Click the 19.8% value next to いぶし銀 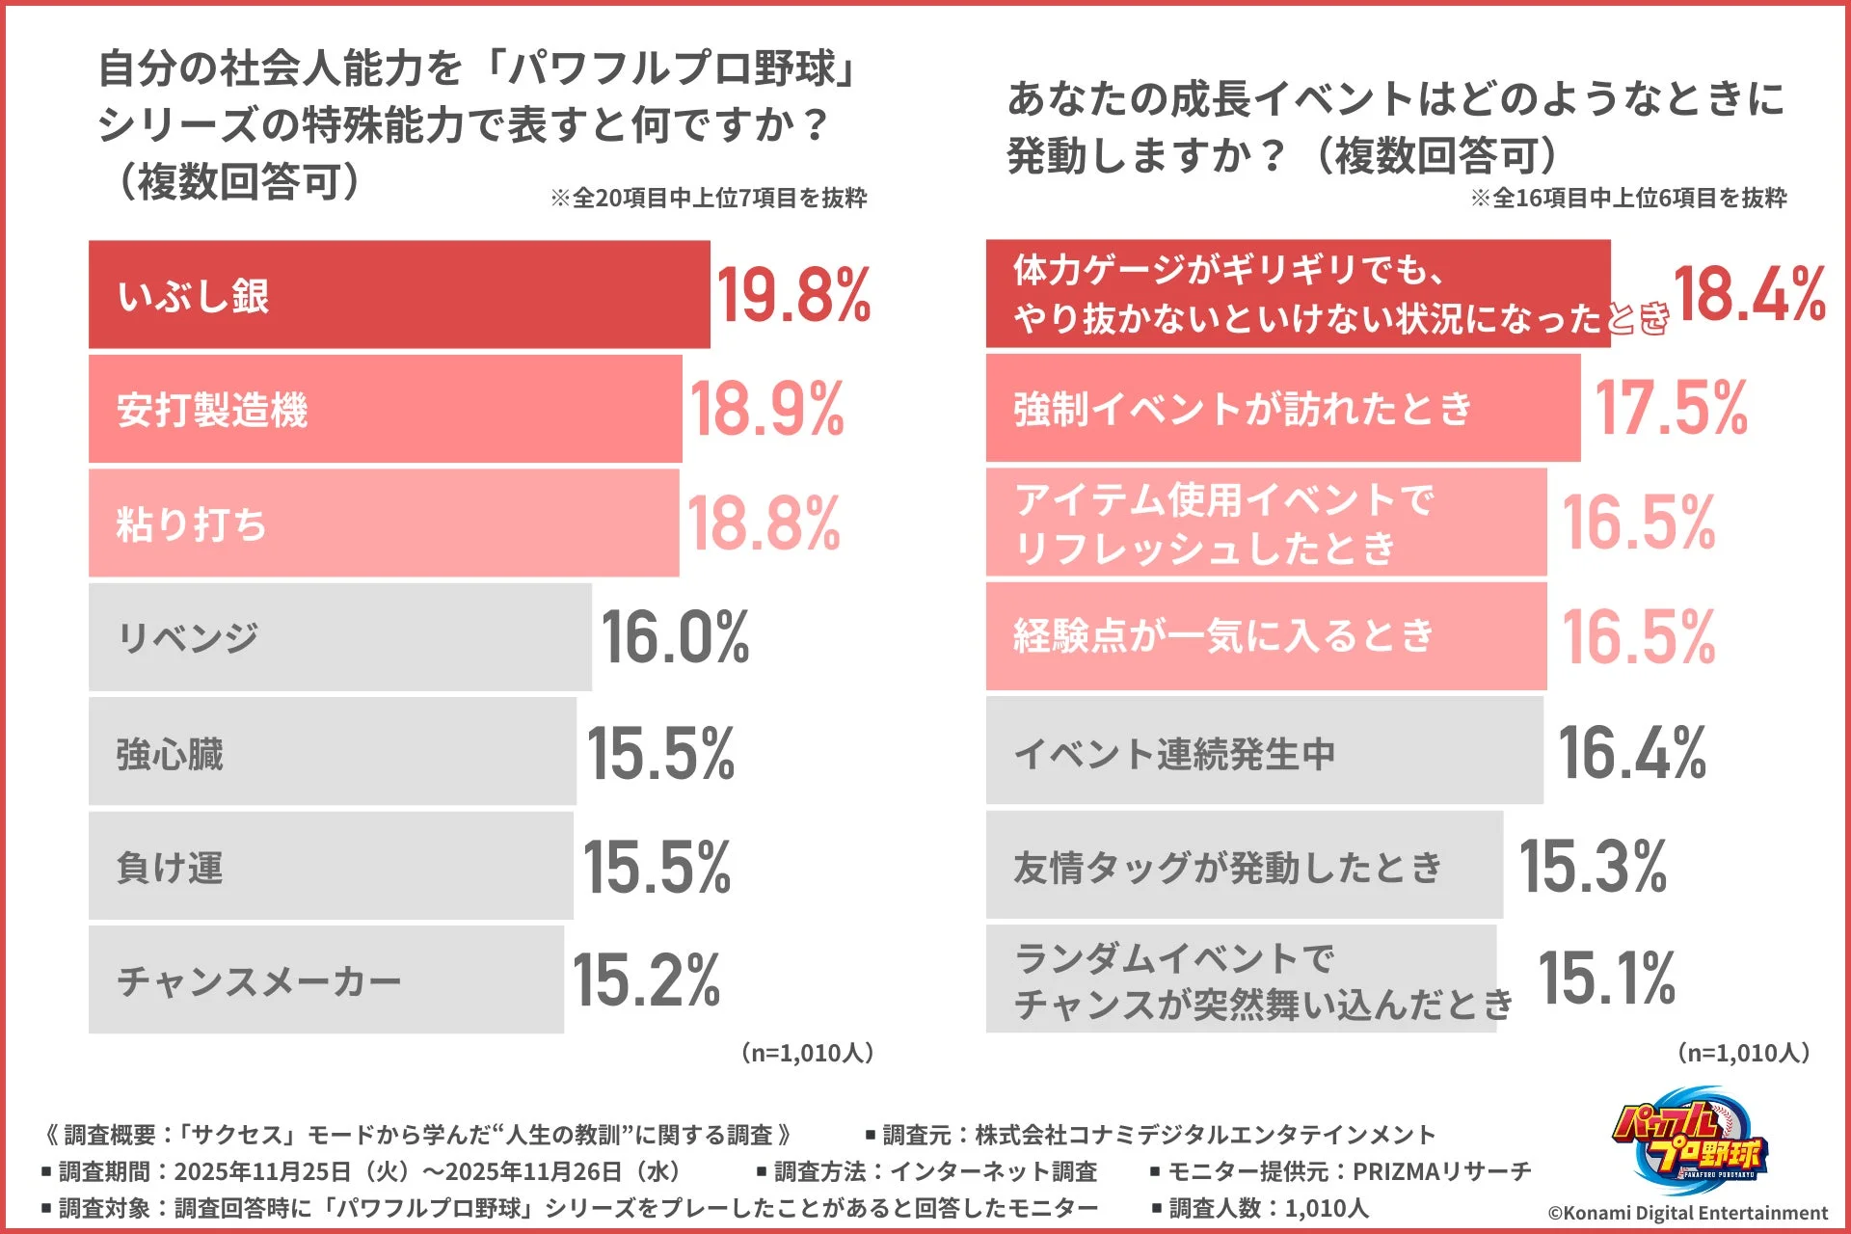792,295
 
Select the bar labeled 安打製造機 385,409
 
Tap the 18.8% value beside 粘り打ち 764,523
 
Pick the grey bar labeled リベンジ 339,637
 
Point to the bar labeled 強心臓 332,752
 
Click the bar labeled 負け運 330,866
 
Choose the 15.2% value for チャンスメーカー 646,979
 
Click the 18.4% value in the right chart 1749,294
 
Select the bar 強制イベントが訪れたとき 1282,409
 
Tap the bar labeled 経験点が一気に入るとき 1265,636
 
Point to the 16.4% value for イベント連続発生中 1632,752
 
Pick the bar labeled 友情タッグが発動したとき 1244,866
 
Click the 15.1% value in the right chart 1606,978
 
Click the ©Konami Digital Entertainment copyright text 1687,1213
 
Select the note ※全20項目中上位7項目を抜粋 709,198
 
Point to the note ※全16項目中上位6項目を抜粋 1628,198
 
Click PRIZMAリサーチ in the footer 1442,1171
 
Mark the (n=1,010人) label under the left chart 808,1053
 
